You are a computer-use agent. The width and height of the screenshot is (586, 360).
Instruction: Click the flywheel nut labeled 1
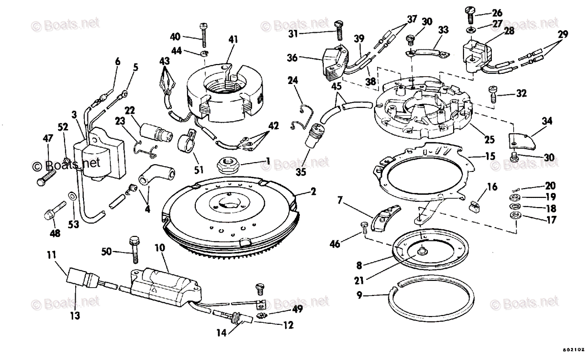tap(226, 164)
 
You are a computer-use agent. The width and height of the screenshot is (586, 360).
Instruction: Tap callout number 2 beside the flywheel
tap(313, 192)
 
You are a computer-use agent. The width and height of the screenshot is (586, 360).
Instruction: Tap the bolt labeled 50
tap(133, 249)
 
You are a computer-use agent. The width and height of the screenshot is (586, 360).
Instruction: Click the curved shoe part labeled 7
tap(384, 219)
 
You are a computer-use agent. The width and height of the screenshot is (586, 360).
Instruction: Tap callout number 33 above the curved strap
tap(443, 29)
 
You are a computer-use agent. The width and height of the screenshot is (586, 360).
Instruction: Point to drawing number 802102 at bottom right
tap(573, 350)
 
